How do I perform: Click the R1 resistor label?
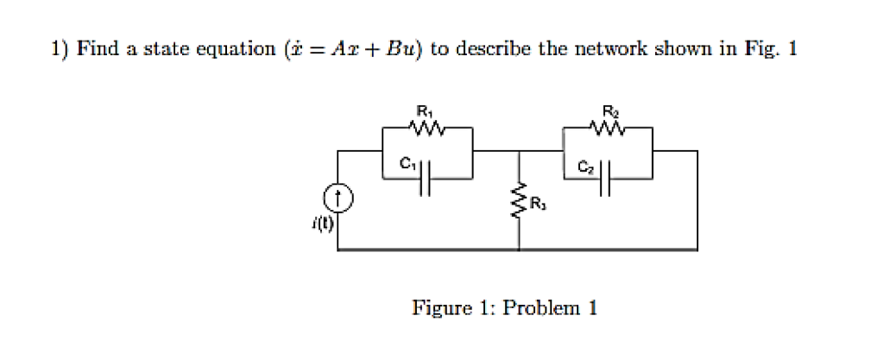pos(423,111)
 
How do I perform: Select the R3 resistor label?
pos(540,205)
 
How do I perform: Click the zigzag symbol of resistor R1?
pos(427,128)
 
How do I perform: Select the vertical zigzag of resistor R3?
pos(519,205)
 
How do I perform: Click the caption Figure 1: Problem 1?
pos(504,308)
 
